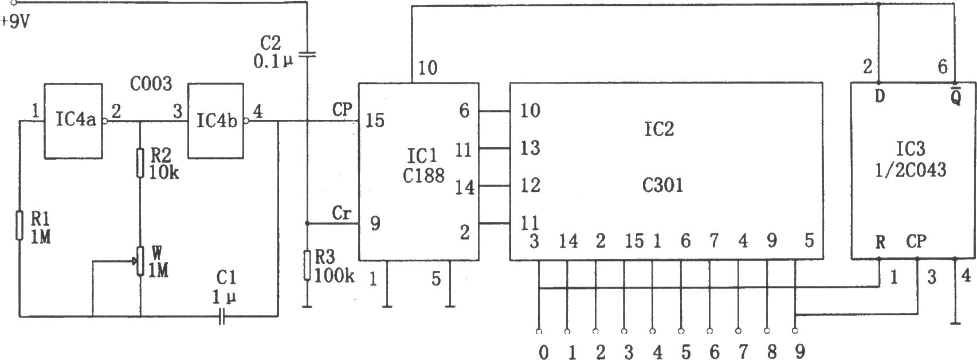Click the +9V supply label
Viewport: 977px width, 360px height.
point(16,21)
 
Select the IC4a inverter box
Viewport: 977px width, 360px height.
point(73,121)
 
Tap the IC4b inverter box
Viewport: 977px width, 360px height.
point(216,121)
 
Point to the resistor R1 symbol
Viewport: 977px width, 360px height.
point(19,225)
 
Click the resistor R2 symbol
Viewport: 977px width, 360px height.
point(140,163)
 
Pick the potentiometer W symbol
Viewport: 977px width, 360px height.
point(140,261)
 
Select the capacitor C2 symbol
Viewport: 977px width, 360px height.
point(307,55)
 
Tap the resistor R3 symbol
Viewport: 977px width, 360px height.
point(307,265)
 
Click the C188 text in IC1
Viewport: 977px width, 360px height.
point(423,176)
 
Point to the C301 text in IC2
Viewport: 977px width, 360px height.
point(662,186)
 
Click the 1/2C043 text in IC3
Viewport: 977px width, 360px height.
point(911,170)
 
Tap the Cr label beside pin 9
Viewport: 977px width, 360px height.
point(342,213)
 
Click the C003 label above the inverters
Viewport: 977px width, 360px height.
point(151,83)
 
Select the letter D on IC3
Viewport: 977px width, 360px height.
point(880,96)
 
